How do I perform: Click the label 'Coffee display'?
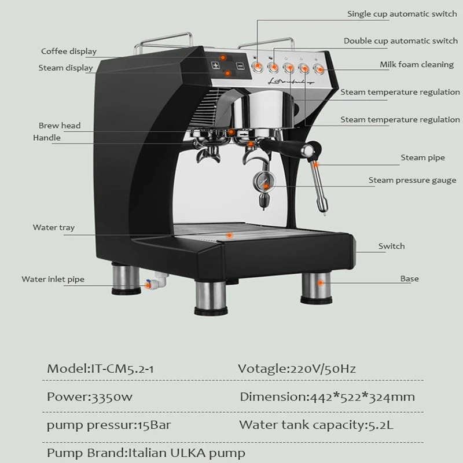68,52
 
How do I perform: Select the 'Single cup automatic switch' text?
402,14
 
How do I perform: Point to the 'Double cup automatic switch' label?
400,41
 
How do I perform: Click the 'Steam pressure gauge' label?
413,181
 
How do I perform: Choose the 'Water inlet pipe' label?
53,280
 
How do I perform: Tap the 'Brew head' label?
60,126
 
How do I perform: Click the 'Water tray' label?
53,228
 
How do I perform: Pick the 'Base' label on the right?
409,279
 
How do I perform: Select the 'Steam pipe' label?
415,157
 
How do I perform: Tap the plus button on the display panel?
216,66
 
